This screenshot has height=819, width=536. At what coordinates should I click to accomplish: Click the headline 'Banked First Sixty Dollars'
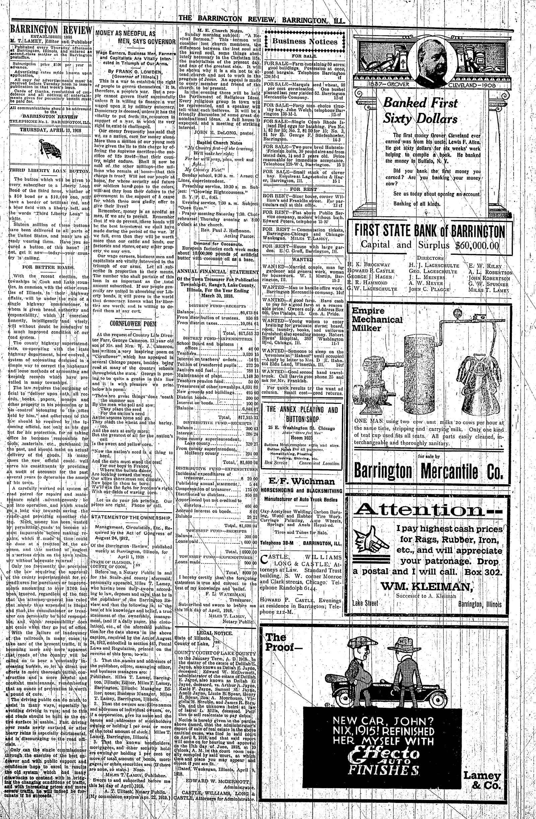click(420, 110)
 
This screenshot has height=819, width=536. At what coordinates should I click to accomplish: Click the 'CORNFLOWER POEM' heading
click(133, 324)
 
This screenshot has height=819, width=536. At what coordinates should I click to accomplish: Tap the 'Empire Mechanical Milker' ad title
click(373, 319)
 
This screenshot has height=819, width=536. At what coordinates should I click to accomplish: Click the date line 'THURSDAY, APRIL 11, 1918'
click(50, 130)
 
